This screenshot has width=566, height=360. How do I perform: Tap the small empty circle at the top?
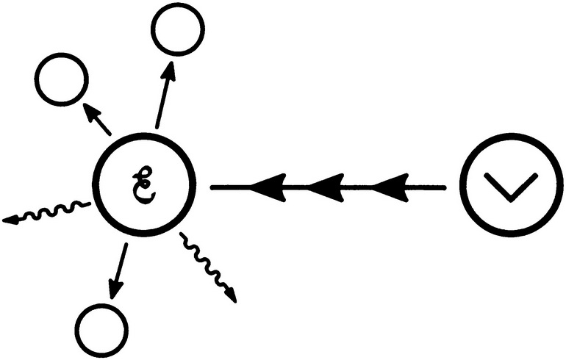[178, 29]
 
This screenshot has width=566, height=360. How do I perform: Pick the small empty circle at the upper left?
[62, 79]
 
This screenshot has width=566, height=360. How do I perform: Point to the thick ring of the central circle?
[96, 185]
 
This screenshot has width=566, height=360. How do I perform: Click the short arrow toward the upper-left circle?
[97, 119]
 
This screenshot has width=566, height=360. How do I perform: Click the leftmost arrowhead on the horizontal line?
[268, 187]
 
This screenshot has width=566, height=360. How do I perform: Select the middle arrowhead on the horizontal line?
[326, 187]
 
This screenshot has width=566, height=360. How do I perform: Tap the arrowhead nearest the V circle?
[390, 187]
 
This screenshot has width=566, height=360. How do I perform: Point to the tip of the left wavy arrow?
[2, 220]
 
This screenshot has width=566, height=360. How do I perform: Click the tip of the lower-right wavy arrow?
[236, 302]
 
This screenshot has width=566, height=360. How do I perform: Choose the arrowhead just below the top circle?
[169, 71]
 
